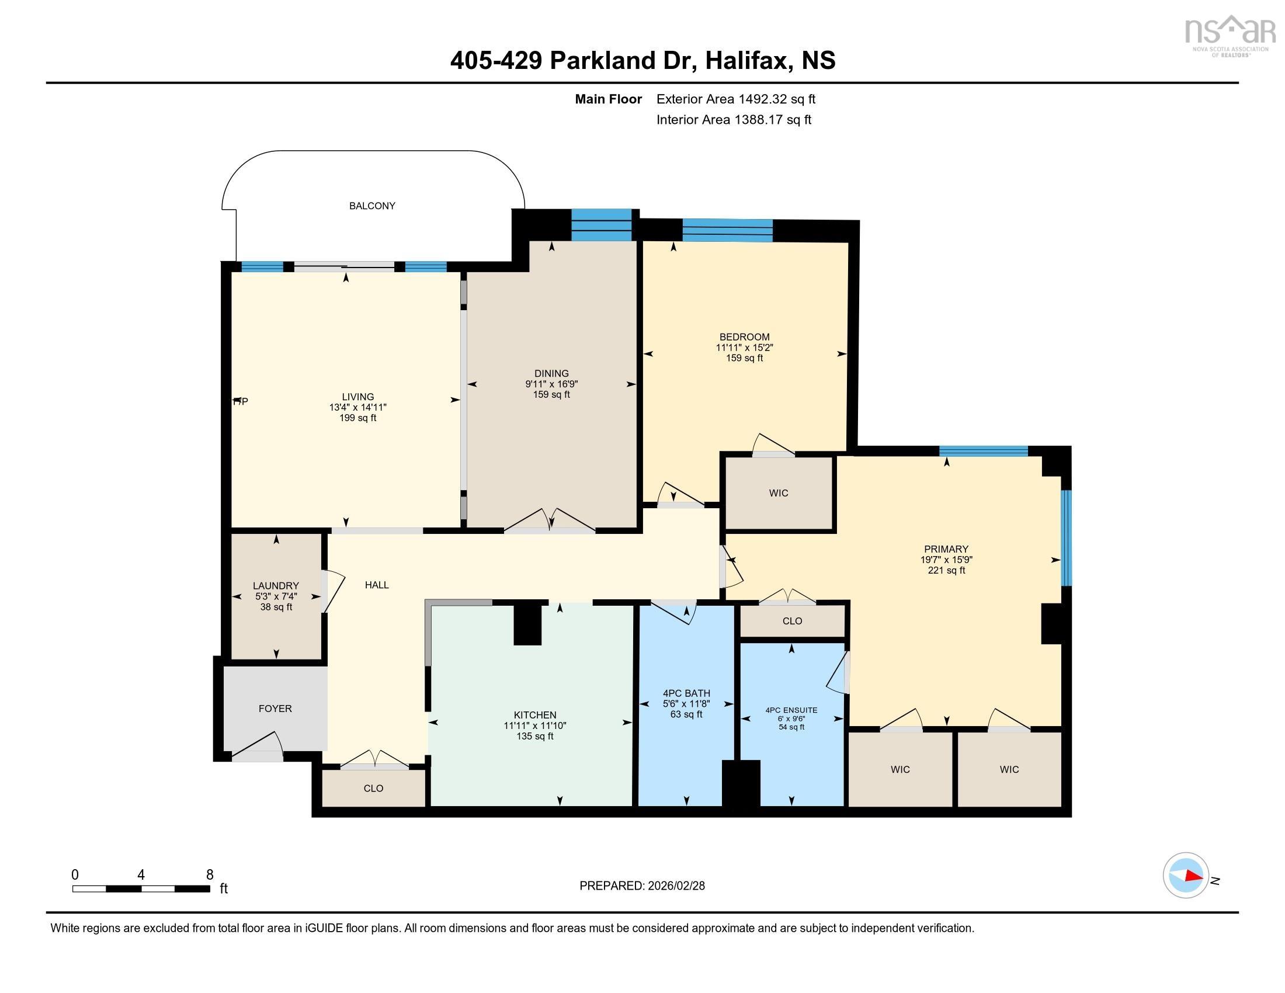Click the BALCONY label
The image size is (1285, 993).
tap(372, 206)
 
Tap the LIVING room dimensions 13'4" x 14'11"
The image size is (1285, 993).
tap(357, 407)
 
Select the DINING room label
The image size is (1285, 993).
tap(551, 374)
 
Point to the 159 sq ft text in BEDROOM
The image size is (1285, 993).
tap(744, 357)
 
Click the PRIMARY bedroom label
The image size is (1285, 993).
tap(946, 549)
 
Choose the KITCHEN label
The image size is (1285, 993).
tap(534, 716)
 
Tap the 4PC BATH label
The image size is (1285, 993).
tap(686, 693)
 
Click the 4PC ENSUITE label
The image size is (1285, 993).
tap(791, 710)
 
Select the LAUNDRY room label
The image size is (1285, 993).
tap(276, 585)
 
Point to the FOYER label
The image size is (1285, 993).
tap(275, 709)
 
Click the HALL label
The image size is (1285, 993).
tap(377, 585)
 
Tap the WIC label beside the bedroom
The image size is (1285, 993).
tap(778, 493)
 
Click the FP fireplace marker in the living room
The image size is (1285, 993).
tap(240, 401)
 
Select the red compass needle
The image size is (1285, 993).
tap(1193, 876)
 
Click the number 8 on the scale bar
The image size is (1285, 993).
tap(210, 874)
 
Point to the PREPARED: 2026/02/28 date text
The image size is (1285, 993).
tap(642, 886)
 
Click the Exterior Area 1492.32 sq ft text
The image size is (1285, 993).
tap(735, 99)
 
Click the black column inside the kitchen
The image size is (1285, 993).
tap(527, 625)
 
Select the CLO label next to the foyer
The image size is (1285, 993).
tap(373, 789)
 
